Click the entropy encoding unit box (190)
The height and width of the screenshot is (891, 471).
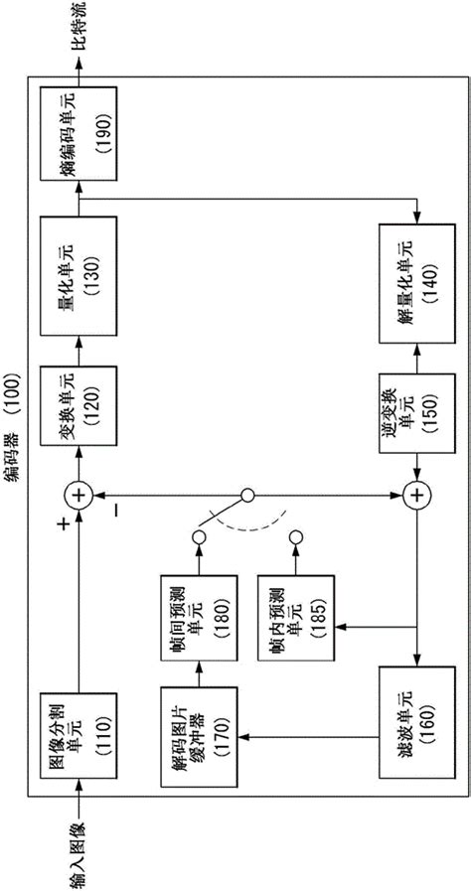coord(78,133)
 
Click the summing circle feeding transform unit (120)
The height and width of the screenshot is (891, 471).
coord(78,494)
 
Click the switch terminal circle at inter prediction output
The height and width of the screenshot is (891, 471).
coord(198,537)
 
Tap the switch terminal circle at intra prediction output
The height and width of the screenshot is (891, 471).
coord(295,537)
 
